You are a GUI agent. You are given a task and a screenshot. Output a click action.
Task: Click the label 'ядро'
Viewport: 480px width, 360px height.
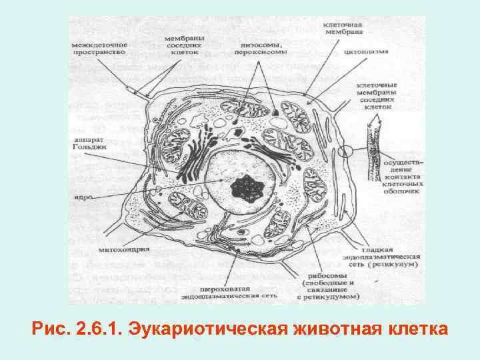pyautogui.click(x=84, y=197)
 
